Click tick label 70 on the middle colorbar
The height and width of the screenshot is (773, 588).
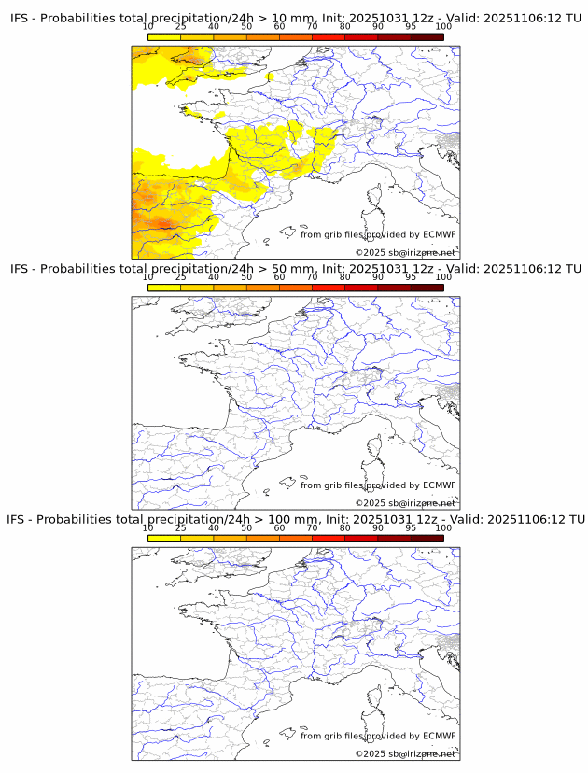tap(312, 277)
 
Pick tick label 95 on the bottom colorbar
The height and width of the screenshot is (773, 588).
tap(411, 528)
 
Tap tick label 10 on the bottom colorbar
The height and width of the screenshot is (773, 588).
tap(148, 528)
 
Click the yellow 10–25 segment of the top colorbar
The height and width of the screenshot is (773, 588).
tap(164, 36)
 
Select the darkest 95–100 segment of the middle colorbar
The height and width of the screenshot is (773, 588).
tap(427, 288)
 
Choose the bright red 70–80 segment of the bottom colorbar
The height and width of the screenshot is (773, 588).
tap(328, 539)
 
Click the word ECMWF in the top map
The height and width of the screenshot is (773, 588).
tap(440, 234)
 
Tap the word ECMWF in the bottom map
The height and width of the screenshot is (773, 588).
tap(440, 736)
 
